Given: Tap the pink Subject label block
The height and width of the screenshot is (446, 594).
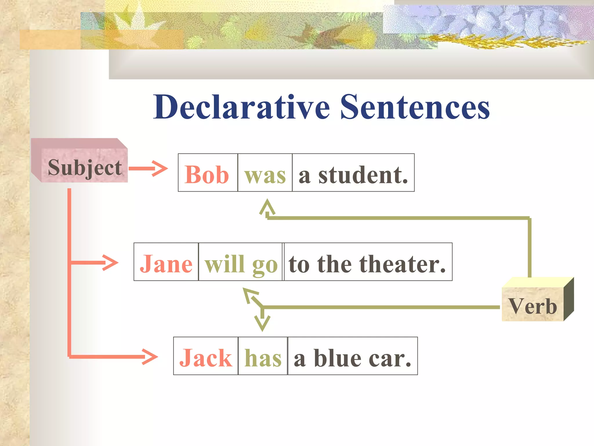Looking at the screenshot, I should click(84, 167).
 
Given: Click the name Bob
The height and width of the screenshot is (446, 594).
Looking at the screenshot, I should click(207, 175).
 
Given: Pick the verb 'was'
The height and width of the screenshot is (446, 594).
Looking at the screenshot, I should click(265, 175).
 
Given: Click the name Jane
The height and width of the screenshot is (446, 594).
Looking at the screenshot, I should click(166, 264).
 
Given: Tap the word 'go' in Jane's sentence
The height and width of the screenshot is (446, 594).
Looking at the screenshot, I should click(265, 265).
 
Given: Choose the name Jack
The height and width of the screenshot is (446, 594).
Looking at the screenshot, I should click(205, 358).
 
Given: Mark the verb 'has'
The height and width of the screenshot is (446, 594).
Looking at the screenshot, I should click(263, 358).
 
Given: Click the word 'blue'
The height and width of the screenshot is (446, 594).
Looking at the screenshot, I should click(338, 358).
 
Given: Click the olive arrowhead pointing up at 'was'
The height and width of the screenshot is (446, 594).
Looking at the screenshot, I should click(267, 206).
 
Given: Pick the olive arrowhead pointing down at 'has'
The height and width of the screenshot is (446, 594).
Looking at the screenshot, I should click(262, 324).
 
